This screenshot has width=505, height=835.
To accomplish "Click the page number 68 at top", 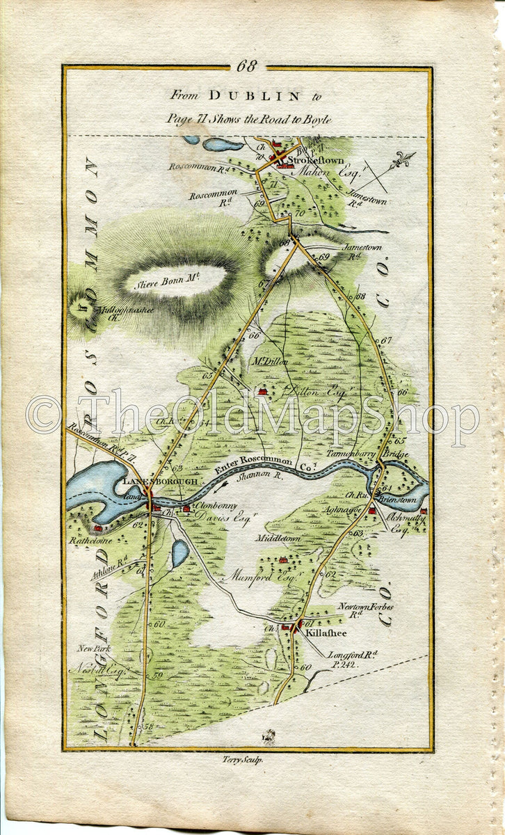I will (x=247, y=67).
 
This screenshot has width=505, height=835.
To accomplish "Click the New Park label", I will (x=94, y=649).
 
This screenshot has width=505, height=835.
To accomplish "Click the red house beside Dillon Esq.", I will (x=263, y=392).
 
